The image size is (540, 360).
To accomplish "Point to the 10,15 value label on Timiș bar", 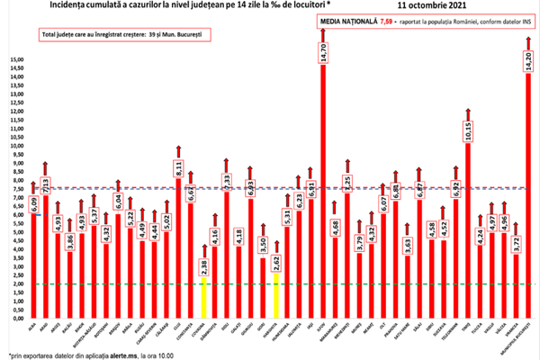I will pyautogui.click(x=468, y=131).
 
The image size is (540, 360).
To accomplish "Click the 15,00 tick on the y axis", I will pyautogui.click(x=17, y=60).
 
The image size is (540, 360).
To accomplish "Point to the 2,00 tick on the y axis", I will pyautogui.click(x=17, y=283).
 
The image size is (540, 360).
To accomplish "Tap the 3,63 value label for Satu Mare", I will pyautogui.click(x=408, y=242).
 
